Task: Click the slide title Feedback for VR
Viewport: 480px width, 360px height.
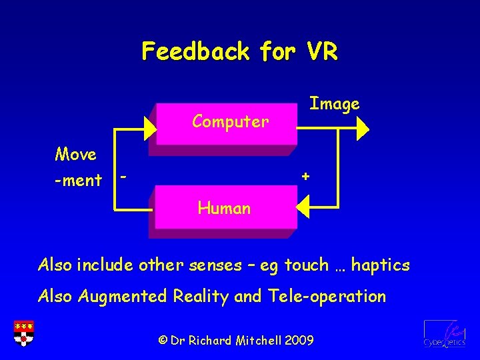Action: coord(239,51)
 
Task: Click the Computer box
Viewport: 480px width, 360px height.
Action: coord(227,123)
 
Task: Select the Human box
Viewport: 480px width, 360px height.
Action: coord(225,208)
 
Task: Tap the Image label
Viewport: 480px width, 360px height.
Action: coord(334,103)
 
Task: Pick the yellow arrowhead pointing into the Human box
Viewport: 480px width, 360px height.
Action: coord(303,209)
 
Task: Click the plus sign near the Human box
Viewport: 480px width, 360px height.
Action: coord(305,176)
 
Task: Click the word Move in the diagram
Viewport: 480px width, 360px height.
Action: coord(75,154)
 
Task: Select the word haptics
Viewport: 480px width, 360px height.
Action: coord(381,265)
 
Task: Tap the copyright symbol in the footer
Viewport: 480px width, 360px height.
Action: coord(163,340)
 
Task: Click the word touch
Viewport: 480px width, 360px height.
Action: coord(307,265)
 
